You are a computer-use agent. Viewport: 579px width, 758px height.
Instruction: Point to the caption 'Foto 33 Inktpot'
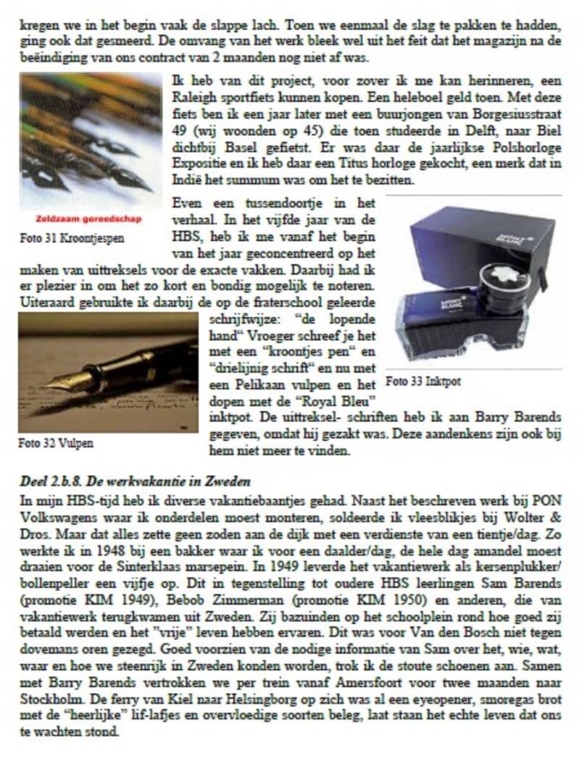click(423, 381)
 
